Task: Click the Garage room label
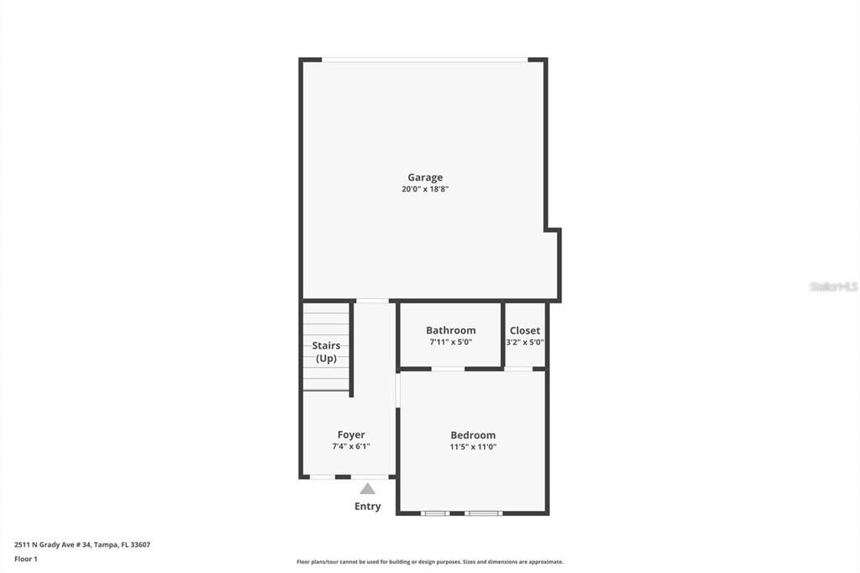click(425, 177)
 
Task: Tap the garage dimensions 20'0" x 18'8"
click(425, 189)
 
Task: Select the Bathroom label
click(450, 330)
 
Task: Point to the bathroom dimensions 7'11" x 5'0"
click(450, 342)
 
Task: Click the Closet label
click(525, 330)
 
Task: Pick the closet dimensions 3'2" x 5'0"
click(525, 342)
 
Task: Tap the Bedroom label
click(473, 435)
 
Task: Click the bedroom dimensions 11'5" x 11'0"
click(473, 447)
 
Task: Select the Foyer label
click(351, 435)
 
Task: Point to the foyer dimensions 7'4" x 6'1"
click(351, 447)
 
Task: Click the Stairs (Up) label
click(326, 352)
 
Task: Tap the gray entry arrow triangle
click(368, 488)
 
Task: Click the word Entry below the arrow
click(368, 507)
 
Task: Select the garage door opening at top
click(425, 60)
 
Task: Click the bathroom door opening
click(448, 368)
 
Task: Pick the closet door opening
click(519, 368)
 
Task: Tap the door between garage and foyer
click(372, 301)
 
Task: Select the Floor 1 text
click(26, 559)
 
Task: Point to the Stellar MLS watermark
click(833, 286)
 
